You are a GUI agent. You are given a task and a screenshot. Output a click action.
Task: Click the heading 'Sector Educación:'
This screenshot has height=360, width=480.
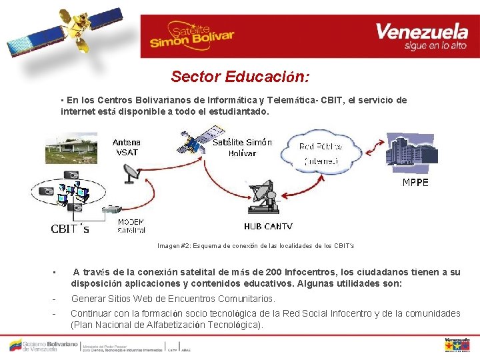coord(240,77)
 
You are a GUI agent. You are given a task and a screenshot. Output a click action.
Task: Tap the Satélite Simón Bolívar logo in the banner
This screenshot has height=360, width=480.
coord(192,36)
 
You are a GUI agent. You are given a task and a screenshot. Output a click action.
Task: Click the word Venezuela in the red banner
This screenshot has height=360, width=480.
coord(421,31)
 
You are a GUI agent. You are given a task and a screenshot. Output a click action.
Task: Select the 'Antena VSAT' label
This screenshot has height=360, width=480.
coord(126,147)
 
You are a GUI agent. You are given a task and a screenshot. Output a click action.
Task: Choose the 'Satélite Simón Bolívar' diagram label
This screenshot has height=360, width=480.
coord(242,147)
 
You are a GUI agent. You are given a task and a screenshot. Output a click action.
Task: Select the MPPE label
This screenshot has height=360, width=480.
coord(415,183)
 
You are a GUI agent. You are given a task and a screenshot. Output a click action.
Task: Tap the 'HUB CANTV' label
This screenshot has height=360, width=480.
coord(268,227)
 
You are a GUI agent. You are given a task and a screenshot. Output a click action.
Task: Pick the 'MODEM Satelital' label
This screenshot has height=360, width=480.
coord(131,226)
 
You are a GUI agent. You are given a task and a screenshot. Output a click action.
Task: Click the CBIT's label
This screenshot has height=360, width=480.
coord(70,229)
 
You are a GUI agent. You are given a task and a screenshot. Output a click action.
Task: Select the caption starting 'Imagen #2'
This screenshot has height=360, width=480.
coord(256,246)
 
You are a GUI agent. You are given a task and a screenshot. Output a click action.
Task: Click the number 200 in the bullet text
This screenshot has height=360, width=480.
coord(273,272)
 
